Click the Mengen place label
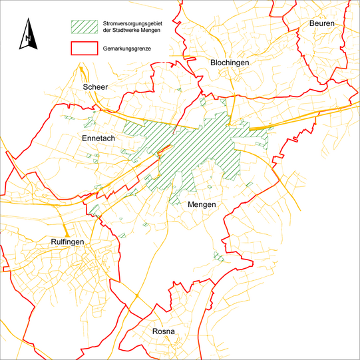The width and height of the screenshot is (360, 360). click(x=202, y=204)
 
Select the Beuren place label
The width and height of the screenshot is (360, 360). click(x=322, y=24)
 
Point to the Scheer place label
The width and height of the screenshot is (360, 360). click(x=95, y=87)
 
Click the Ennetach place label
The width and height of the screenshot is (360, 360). click(x=98, y=138)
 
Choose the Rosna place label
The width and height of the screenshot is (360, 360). click(x=164, y=331)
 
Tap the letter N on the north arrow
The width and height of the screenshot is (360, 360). click(x=27, y=39)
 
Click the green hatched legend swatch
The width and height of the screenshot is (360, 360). click(x=83, y=26)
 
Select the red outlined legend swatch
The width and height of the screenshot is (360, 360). click(x=83, y=48)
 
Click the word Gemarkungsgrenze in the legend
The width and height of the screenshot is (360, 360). click(x=127, y=49)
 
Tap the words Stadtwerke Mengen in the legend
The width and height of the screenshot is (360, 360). click(x=140, y=30)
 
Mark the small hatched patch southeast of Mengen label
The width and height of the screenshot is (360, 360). click(x=218, y=256)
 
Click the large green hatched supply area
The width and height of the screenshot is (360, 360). click(x=200, y=146)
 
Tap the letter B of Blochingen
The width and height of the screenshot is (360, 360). click(x=213, y=62)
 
